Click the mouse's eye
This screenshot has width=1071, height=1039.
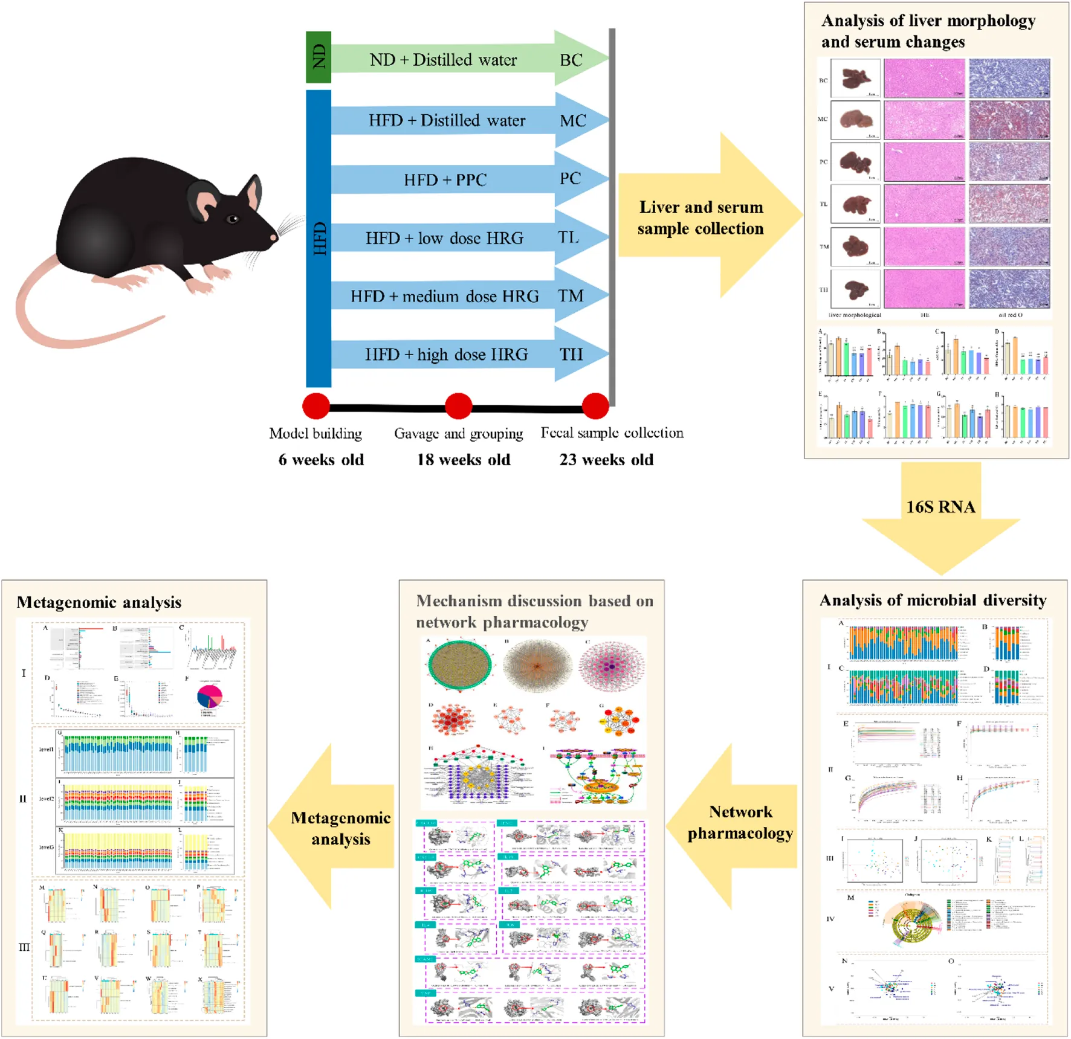point(233,219)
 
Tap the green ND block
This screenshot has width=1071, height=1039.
point(319,57)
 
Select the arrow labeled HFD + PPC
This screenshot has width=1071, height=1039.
point(445,180)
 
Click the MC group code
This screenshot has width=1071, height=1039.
point(572,121)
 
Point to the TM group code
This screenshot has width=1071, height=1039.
point(571,296)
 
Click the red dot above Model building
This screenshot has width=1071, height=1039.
point(315,406)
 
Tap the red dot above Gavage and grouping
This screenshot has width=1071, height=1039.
point(458,406)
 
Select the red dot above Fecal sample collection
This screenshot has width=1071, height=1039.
point(595,406)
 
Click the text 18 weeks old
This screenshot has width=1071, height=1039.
point(464,460)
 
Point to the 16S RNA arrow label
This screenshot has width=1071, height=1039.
point(940,507)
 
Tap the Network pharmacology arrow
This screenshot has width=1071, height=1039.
point(739,823)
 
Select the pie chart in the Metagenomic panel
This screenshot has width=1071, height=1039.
point(210,696)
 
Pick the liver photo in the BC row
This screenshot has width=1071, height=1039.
point(855,79)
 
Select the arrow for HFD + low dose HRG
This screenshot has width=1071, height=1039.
point(445,239)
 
